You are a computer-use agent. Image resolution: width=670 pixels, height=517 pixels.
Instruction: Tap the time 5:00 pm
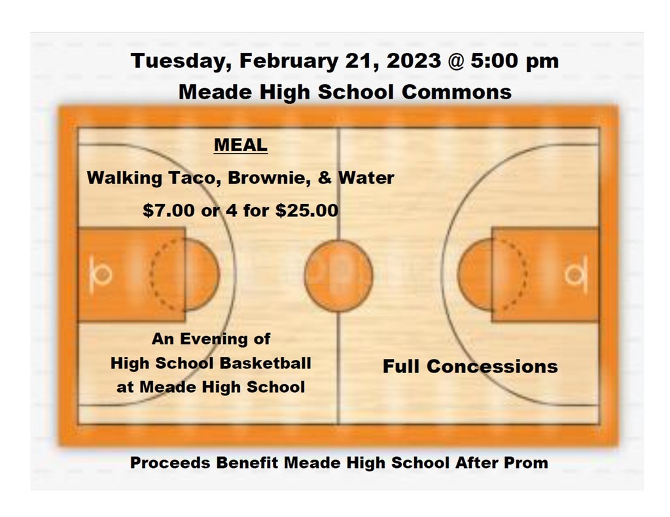coord(514,61)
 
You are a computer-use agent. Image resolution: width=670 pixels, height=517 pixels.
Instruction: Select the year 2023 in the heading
coord(414,60)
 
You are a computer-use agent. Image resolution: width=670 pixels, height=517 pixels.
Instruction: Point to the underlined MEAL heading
coord(241,145)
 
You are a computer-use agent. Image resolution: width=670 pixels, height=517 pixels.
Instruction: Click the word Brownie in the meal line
coord(269,178)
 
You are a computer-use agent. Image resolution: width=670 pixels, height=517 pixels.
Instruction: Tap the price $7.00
coord(168,210)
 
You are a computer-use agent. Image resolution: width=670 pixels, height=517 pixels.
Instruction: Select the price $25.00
coord(307,210)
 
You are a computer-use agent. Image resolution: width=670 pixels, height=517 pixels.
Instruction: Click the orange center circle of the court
coord(338,275)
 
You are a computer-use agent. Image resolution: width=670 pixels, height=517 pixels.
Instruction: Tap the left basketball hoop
coord(101,274)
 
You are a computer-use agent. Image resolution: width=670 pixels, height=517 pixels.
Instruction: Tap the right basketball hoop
coord(576,275)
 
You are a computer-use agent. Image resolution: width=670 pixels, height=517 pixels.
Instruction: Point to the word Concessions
coord(492,366)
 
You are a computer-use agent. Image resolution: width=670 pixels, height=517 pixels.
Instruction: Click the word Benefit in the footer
coord(247,463)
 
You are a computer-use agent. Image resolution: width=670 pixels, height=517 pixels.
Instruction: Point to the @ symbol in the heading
coord(456,61)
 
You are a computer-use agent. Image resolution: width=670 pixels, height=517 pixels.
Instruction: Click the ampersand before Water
coord(325,178)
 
